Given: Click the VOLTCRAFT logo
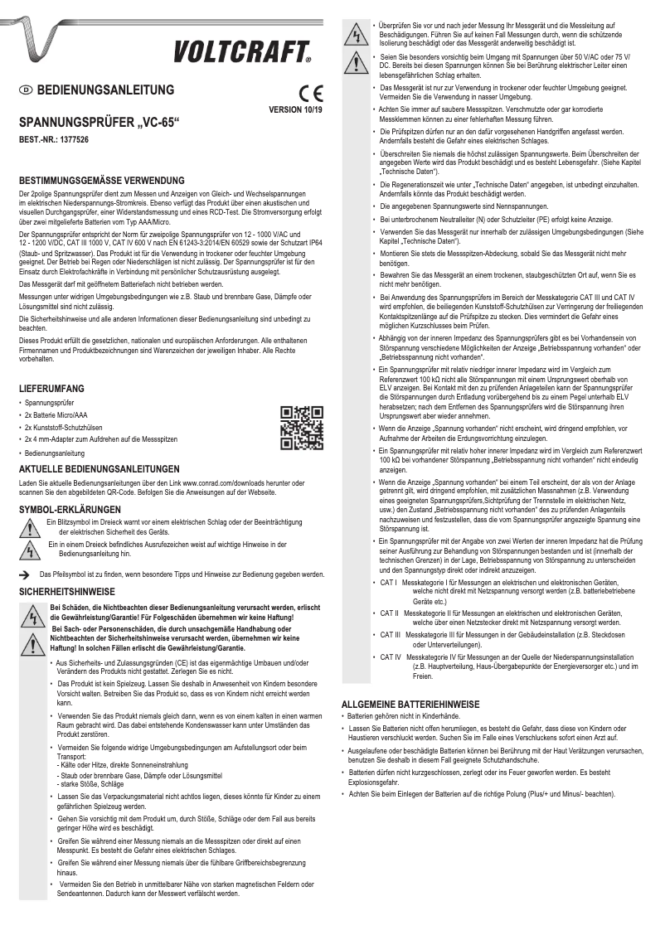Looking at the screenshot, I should [x=241, y=52].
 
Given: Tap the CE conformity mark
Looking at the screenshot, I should [x=311, y=93].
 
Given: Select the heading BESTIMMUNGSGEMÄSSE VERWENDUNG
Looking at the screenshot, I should [x=102, y=180].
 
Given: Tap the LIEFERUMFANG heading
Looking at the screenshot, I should [x=51, y=388].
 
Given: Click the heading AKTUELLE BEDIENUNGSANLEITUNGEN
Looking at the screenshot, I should [x=99, y=468].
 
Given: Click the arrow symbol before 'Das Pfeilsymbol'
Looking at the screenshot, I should [x=24, y=574].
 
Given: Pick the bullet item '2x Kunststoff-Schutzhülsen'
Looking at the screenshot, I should [x=66, y=426].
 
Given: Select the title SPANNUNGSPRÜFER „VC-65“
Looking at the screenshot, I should [x=99, y=123].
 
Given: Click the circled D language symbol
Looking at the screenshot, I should [x=25, y=90].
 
